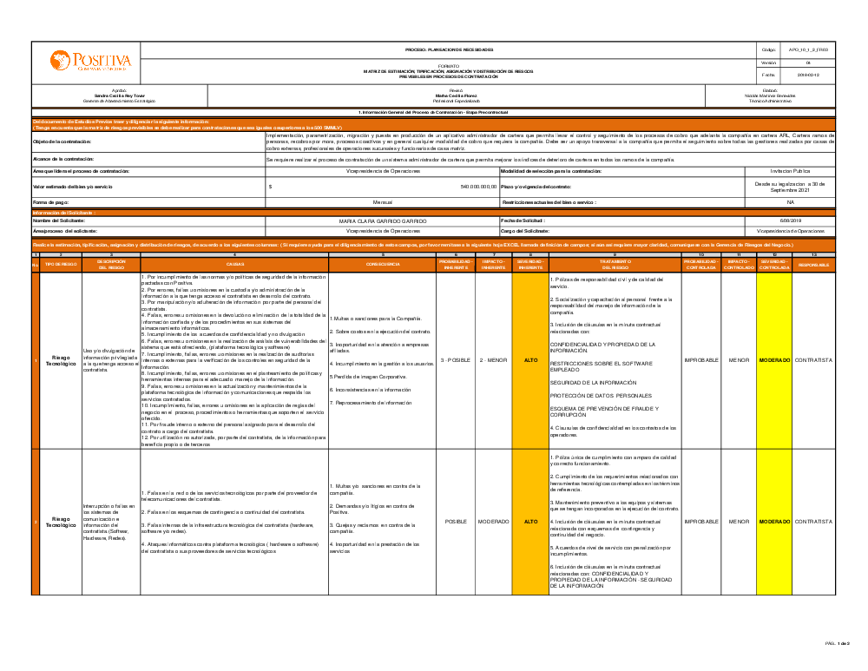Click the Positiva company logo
tap(90, 62)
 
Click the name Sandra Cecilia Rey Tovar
tap(120, 95)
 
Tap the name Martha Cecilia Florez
tap(457, 95)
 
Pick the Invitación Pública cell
tap(790, 171)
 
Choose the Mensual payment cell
tap(382, 201)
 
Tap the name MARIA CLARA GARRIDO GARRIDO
tap(382, 221)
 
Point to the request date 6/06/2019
tap(790, 221)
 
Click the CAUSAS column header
tap(234, 264)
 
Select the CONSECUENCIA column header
tap(382, 264)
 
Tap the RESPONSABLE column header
tap(813, 264)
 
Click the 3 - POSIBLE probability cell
tap(456, 359)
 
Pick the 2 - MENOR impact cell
tap(493, 359)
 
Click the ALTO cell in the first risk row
tap(530, 359)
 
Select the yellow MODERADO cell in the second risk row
tap(774, 522)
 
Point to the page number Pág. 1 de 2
tap(837, 643)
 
